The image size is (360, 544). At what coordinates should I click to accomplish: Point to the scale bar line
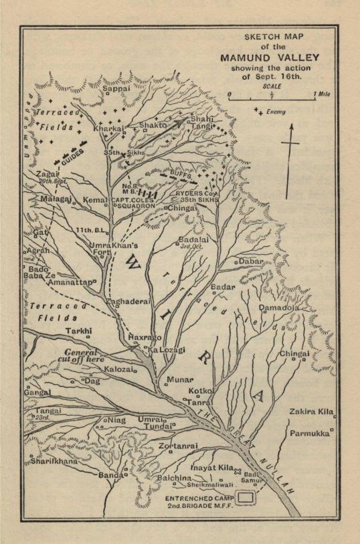click(x=272, y=99)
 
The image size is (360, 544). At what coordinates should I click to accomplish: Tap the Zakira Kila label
click(x=312, y=412)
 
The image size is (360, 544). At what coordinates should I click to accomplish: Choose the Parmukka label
click(x=309, y=434)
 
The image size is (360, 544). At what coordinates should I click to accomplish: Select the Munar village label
click(x=179, y=379)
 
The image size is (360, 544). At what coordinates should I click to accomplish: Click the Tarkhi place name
click(x=78, y=331)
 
